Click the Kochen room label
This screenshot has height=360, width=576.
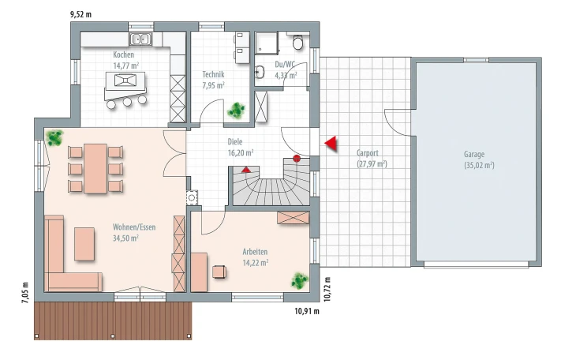[123, 54]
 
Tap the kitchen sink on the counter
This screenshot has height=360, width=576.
[140, 39]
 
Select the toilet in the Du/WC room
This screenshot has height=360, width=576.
[298, 43]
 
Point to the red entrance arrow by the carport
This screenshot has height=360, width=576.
[331, 144]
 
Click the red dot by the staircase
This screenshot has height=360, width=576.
[297, 159]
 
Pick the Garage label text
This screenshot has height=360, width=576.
[474, 154]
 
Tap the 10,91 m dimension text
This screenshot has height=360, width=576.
[307, 312]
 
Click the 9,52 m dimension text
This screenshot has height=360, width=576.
[80, 15]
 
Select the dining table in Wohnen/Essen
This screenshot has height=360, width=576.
[95, 168]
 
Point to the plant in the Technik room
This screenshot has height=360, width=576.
[236, 110]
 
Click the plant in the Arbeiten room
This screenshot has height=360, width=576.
[300, 281]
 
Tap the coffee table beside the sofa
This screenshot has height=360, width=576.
[84, 244]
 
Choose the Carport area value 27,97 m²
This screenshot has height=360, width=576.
[372, 164]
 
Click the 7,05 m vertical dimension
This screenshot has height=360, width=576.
[25, 293]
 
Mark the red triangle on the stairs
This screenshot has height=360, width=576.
[246, 170]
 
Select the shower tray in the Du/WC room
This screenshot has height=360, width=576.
[267, 43]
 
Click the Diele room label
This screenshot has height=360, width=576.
[235, 142]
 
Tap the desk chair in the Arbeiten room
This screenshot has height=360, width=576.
[219, 272]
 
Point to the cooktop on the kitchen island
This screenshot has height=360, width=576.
[125, 80]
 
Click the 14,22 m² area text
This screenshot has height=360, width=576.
[256, 263]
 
